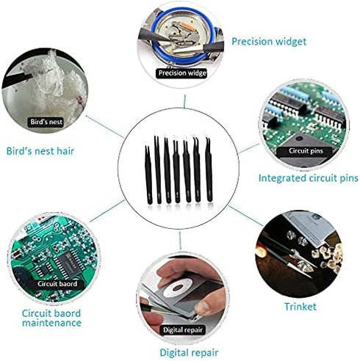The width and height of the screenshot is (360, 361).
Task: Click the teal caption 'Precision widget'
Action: click(269, 42)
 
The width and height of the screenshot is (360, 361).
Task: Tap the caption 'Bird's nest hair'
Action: click(40, 151)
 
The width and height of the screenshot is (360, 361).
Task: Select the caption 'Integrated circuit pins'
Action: click(309, 178)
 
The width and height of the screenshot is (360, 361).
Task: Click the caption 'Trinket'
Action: click(300, 307)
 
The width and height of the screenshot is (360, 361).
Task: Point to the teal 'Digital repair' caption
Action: click(189, 352)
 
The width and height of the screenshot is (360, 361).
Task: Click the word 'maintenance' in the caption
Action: click(51, 323)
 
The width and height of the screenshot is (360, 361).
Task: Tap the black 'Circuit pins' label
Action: click(306, 151)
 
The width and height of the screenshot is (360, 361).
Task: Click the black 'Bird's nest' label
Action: click(46, 122)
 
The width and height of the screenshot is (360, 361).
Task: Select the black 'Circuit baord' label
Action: click(57, 284)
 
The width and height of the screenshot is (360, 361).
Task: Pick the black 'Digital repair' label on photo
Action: click(183, 330)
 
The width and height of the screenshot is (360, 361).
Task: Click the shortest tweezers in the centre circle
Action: click(148, 175)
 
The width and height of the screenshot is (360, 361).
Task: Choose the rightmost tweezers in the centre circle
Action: click(209, 169)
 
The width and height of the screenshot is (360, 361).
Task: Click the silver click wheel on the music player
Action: click(178, 288)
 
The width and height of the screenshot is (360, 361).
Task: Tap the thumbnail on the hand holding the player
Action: click(204, 306)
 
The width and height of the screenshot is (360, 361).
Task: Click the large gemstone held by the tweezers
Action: click(305, 265)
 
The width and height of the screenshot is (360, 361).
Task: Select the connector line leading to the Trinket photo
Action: click(245, 216)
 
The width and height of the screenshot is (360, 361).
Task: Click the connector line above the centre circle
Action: click(184, 101)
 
